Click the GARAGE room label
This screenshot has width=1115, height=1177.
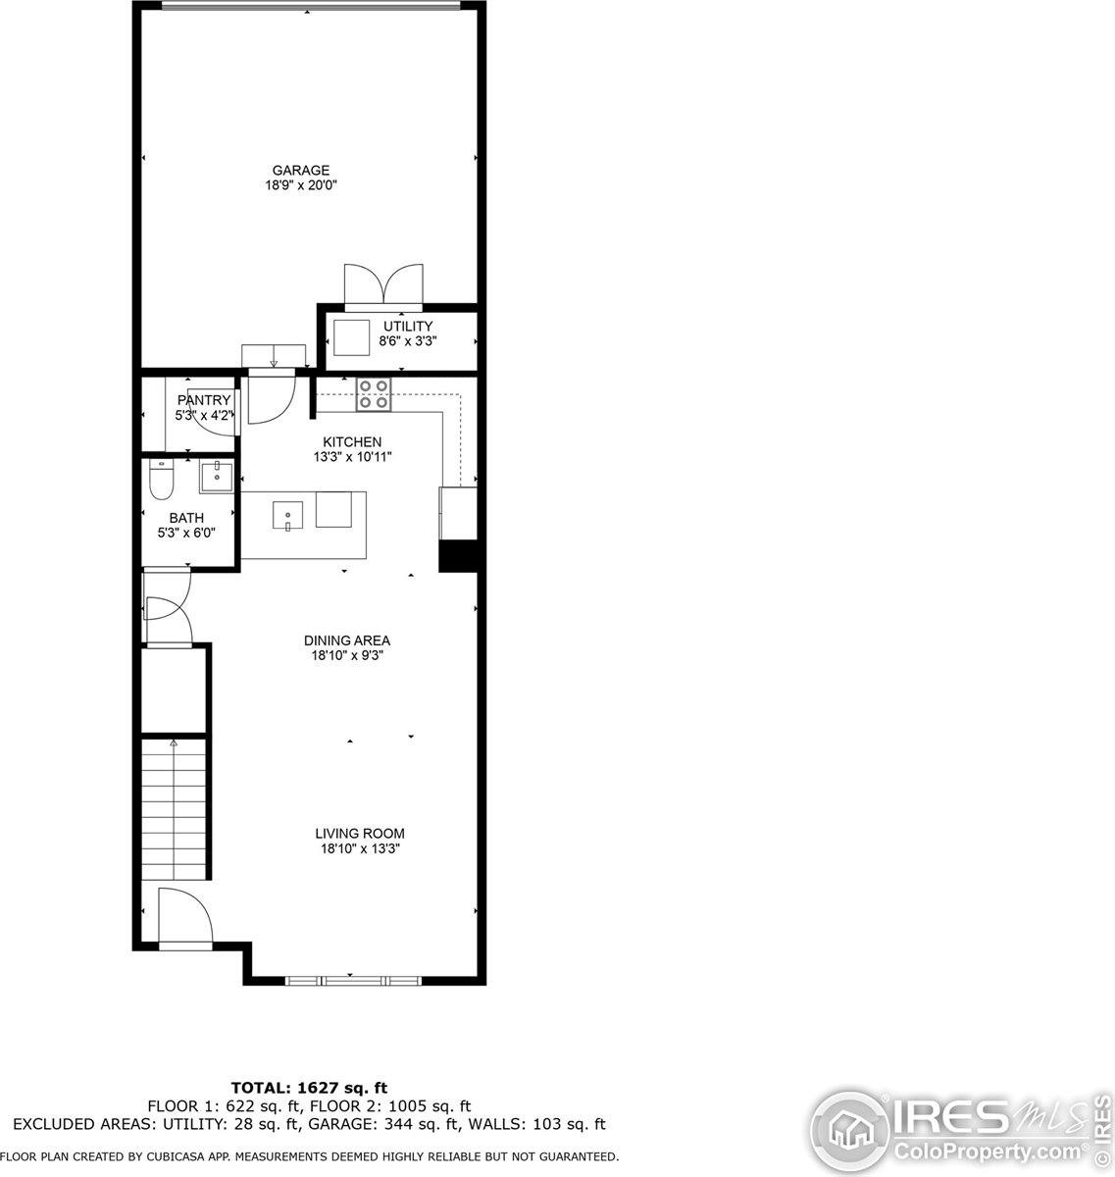click(x=301, y=170)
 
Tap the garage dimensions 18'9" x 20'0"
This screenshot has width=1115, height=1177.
click(x=301, y=184)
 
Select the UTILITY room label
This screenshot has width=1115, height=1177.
click(x=408, y=327)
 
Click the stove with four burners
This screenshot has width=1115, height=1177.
click(x=374, y=393)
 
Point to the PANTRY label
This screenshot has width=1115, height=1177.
click(x=204, y=400)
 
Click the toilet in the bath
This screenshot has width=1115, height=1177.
click(x=161, y=481)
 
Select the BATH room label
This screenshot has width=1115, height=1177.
click(x=186, y=518)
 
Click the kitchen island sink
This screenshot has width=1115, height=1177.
click(x=288, y=513)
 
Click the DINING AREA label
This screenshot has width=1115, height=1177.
click(x=346, y=640)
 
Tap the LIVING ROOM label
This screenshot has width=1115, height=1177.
click(x=359, y=834)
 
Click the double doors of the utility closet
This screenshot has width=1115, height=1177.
click(x=382, y=285)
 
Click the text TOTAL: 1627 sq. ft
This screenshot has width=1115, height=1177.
click(x=309, y=1088)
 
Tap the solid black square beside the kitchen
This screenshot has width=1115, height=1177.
click(x=457, y=555)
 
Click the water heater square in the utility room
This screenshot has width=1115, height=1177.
click(x=351, y=338)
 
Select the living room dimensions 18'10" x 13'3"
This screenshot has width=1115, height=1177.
click(x=359, y=849)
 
